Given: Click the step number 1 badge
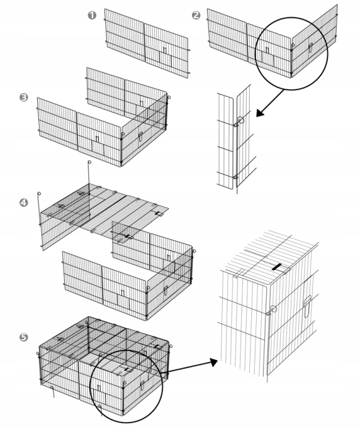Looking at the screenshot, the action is [x=93, y=15].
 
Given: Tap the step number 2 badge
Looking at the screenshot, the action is [x=196, y=15].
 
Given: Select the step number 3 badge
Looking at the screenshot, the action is [x=24, y=97].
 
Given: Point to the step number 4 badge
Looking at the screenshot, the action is [x=24, y=203].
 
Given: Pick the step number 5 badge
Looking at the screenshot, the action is [x=24, y=337].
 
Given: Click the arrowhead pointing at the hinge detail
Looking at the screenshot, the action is [x=261, y=113].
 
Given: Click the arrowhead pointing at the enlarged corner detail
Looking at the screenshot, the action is [x=213, y=362].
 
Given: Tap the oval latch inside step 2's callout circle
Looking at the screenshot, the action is [x=310, y=48].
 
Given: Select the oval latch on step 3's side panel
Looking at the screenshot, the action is [x=141, y=136].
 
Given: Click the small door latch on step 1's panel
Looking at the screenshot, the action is [x=164, y=50].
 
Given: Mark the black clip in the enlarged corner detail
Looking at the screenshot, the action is [x=277, y=267].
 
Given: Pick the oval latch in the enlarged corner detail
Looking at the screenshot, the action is [x=307, y=306].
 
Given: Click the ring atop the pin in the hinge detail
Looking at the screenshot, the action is [x=240, y=120].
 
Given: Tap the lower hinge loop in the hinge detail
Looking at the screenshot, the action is [x=235, y=177].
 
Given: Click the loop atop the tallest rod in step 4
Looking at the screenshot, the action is [x=89, y=162].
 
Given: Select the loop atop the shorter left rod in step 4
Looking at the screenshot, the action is [x=39, y=194].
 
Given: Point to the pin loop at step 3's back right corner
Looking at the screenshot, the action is [x=169, y=97].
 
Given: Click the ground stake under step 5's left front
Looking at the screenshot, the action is [x=53, y=392].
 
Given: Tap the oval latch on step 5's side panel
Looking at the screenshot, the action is [x=142, y=386].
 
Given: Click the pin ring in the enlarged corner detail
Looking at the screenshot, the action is [x=273, y=309].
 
